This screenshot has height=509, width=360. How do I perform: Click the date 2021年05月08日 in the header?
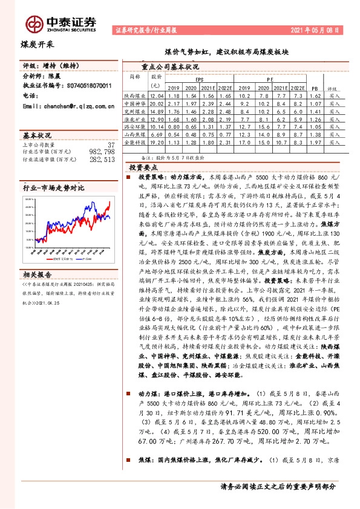pos(318,29)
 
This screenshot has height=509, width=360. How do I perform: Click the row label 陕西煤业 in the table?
pos(135,96)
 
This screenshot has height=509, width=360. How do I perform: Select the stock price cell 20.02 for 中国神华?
pos(157,103)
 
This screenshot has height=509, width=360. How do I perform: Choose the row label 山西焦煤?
pos(135,135)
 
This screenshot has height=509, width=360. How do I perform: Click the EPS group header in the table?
pos(200,79)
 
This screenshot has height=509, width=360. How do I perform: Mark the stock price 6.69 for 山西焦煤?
pos(157,135)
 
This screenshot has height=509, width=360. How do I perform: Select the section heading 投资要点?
pos(143,167)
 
